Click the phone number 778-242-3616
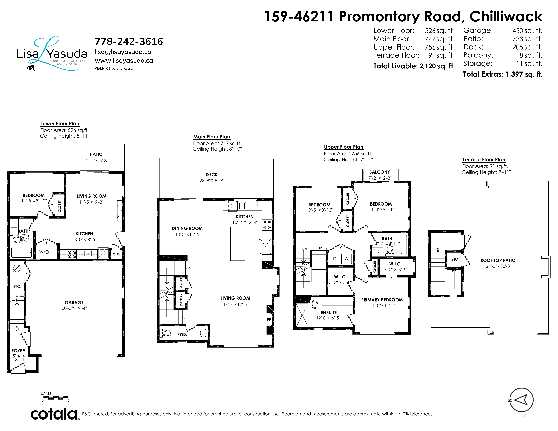pos(129,41)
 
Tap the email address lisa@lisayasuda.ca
pos(123,52)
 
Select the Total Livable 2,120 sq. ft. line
pos(414,66)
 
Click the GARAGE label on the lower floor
pos(74,302)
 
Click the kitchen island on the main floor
pos(238,244)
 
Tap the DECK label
pos(212,175)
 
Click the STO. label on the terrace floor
pos(455,259)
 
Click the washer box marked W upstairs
pos(346,259)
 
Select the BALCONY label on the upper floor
pos(379,172)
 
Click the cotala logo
pos(54,414)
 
